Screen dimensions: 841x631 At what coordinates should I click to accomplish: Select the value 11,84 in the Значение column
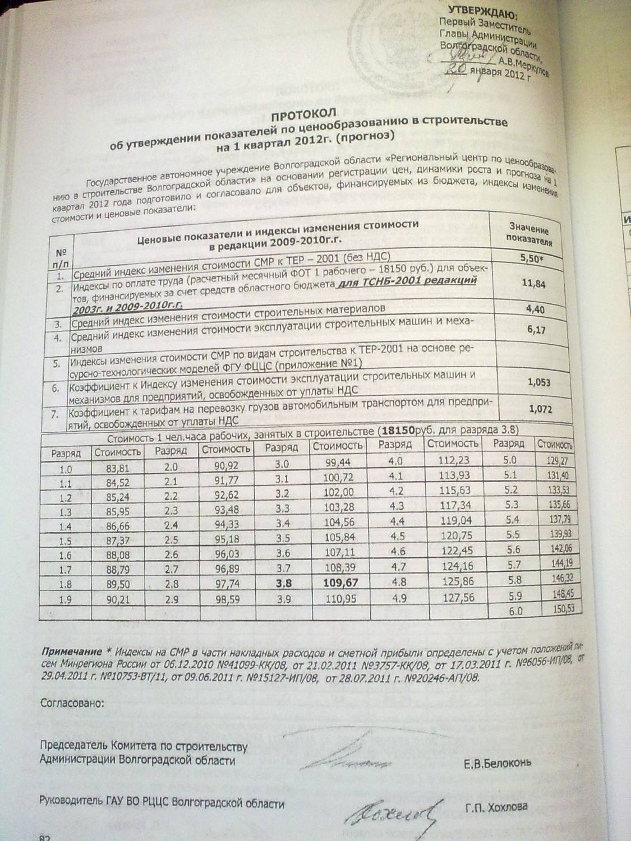(533, 284)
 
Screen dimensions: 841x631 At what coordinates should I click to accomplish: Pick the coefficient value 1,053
(538, 382)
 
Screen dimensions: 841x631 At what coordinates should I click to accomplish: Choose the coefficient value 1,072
(540, 409)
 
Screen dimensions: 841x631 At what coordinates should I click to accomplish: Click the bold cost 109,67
(340, 583)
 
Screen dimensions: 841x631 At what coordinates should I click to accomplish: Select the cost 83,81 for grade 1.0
(118, 469)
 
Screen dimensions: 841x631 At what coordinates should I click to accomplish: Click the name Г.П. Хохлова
(496, 807)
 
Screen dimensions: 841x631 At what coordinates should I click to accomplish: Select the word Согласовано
(72, 703)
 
